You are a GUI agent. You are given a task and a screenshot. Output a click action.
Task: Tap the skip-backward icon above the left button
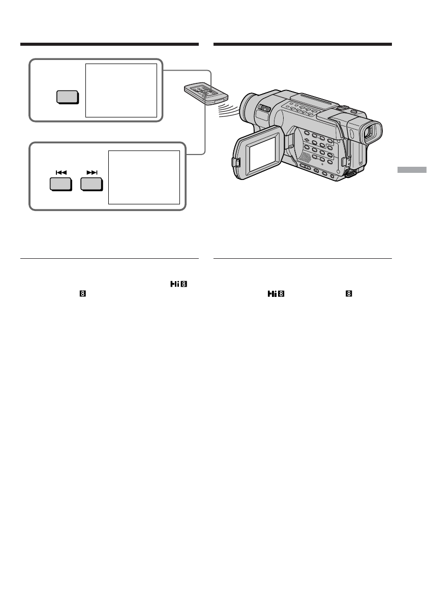tap(62, 173)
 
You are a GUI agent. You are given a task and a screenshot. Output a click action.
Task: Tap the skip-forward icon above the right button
tap(91, 173)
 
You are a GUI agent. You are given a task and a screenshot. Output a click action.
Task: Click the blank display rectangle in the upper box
tap(121, 90)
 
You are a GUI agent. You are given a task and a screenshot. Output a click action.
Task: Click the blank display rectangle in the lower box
tap(144, 177)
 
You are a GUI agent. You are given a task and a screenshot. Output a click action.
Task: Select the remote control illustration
tap(206, 93)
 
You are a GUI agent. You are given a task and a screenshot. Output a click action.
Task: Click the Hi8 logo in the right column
tap(274, 294)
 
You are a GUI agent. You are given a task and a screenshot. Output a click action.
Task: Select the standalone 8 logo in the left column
tap(81, 294)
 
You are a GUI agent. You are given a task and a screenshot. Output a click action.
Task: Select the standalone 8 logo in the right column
tap(349, 294)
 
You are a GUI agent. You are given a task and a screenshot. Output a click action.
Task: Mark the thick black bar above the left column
tap(109, 45)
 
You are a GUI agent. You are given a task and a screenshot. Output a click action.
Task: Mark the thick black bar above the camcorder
tap(302, 45)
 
